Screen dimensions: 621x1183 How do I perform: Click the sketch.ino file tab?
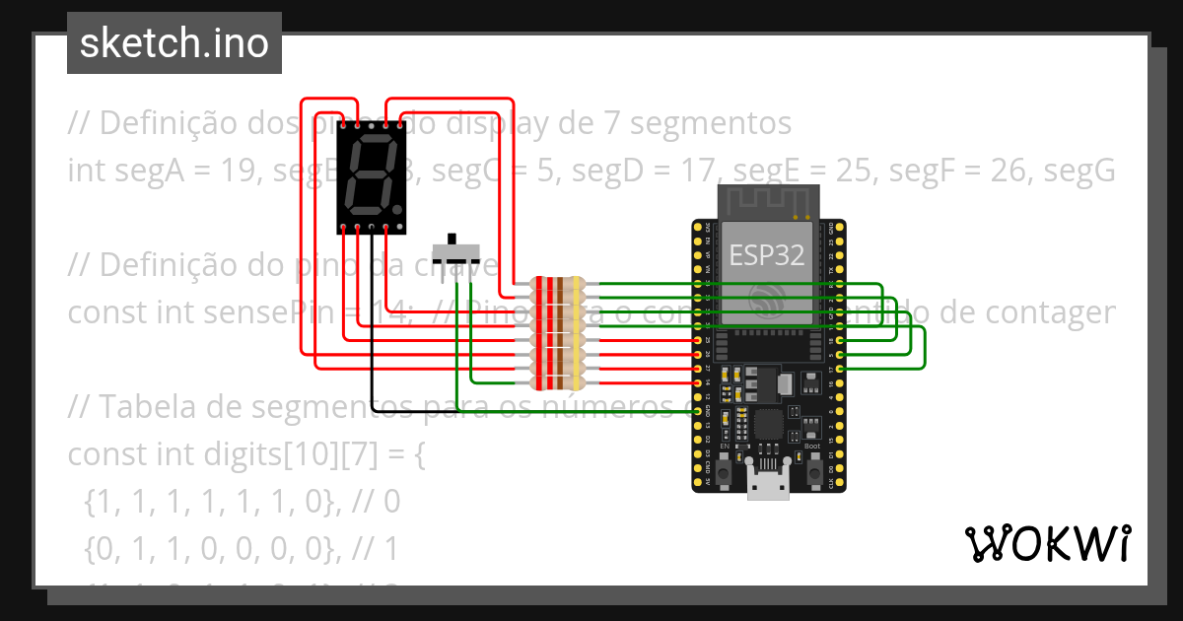click(x=174, y=43)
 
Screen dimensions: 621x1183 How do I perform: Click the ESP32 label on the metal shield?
click(x=766, y=255)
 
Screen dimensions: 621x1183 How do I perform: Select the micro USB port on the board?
click(x=769, y=485)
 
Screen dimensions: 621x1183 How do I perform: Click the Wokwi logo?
click(x=1047, y=543)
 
